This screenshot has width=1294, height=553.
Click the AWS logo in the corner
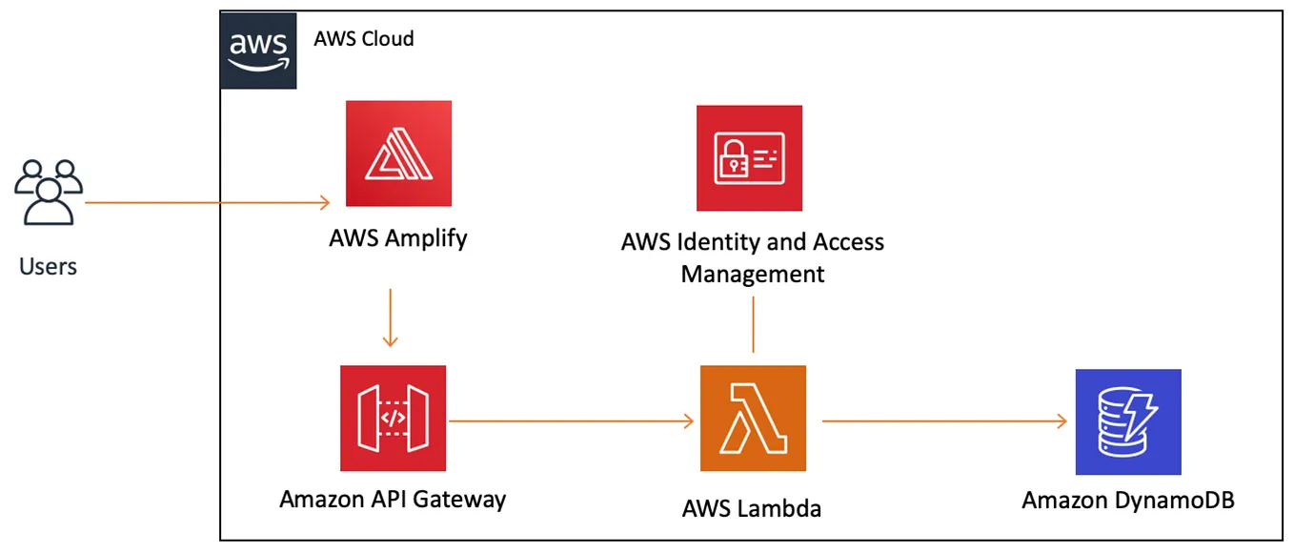(x=258, y=51)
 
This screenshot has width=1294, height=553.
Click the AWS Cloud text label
(x=364, y=39)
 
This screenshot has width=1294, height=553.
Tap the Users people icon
(x=48, y=193)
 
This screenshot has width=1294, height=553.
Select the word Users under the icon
(x=48, y=266)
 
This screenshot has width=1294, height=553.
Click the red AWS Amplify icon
(x=398, y=154)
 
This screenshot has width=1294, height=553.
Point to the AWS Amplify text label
(x=398, y=237)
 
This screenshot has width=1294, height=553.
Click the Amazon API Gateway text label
(x=393, y=499)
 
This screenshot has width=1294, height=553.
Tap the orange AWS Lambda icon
(x=753, y=419)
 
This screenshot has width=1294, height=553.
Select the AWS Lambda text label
(x=752, y=508)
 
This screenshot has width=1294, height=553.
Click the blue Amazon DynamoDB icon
(x=1128, y=421)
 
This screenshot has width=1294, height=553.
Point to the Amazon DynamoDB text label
(x=1128, y=500)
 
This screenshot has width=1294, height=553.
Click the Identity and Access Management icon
(x=749, y=157)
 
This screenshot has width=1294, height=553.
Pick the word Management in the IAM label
(x=753, y=274)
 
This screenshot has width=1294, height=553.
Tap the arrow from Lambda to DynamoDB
(x=943, y=420)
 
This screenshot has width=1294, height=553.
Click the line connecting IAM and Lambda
(x=753, y=324)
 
